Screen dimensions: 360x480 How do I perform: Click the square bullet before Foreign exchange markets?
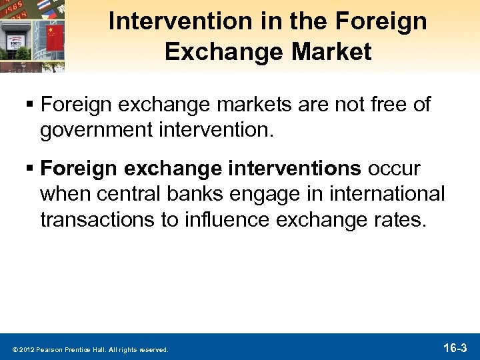click(x=29, y=105)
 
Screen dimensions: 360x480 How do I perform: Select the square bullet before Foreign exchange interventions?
click(x=29, y=169)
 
